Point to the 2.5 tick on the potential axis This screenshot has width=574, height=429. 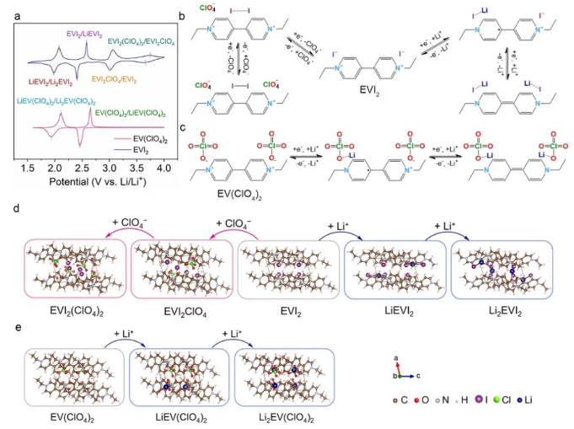tap(83, 169)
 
